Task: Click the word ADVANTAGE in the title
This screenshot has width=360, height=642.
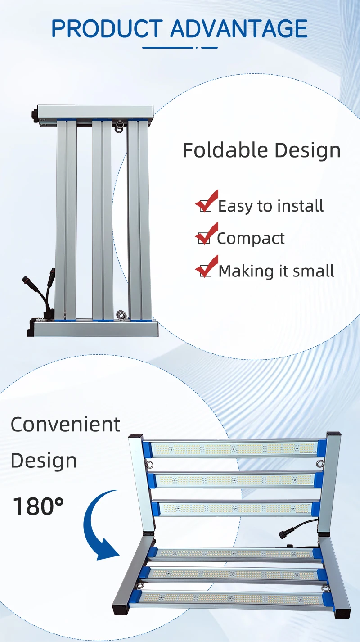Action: tap(239, 29)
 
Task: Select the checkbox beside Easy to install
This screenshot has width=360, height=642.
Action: tap(205, 206)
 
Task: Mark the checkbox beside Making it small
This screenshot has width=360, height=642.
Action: tap(205, 271)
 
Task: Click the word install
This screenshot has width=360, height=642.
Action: tap(300, 206)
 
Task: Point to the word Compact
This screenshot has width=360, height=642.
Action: tap(251, 238)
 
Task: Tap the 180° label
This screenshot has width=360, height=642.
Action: tap(38, 506)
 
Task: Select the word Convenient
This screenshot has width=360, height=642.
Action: tap(66, 425)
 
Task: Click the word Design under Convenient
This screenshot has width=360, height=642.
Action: tap(44, 461)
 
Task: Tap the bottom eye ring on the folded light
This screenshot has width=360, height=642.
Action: tap(120, 314)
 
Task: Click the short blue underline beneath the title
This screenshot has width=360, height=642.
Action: tap(180, 47)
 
